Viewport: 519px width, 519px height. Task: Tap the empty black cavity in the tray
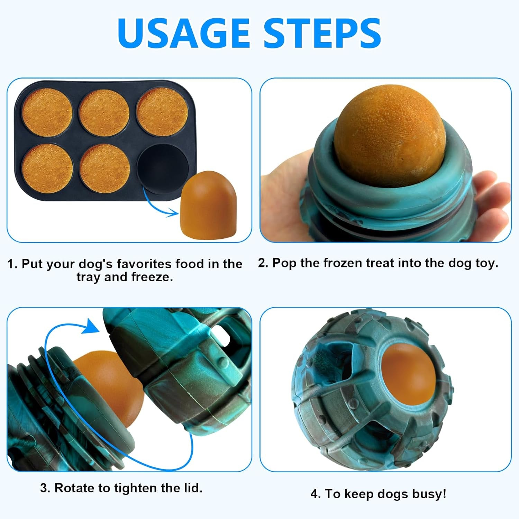click(x=163, y=165)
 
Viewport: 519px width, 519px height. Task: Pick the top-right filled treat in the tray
click(x=162, y=111)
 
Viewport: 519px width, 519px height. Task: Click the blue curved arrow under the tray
click(x=156, y=204)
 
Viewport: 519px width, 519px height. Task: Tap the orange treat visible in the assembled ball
click(x=409, y=375)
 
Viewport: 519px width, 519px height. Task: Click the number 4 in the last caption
click(x=315, y=494)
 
